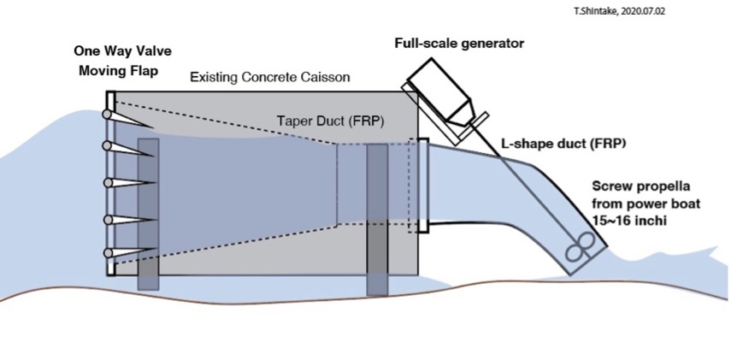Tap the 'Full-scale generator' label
click(x=459, y=44)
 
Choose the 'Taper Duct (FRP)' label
click(x=331, y=121)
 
